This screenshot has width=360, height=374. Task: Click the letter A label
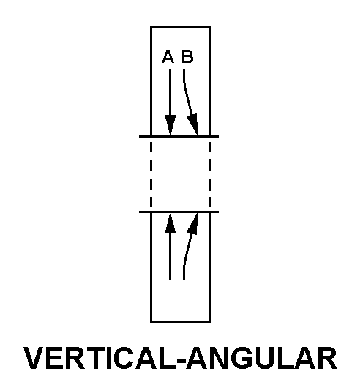[x=168, y=56]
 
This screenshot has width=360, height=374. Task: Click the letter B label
[x=187, y=56]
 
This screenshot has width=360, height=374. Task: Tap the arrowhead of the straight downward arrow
[x=170, y=125]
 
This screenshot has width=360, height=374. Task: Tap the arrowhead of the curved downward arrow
[x=193, y=124]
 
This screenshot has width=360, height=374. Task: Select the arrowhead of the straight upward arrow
[x=170, y=223]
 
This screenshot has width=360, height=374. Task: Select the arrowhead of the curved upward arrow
[x=193, y=224]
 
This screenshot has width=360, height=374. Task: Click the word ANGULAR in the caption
[x=261, y=358]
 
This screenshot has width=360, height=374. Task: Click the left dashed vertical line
[x=151, y=174]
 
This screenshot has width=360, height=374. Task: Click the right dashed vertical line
[x=211, y=174]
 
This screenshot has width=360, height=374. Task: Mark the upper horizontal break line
[x=179, y=137]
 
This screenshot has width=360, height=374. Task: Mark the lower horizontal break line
[x=179, y=212]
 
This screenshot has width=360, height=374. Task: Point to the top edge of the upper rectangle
[x=181, y=26]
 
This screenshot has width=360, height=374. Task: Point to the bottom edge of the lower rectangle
[x=181, y=321]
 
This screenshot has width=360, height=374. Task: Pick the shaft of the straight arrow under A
[x=170, y=92]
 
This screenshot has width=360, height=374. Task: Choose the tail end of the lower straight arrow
[x=170, y=279]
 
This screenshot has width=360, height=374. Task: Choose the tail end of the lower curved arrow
[x=184, y=279]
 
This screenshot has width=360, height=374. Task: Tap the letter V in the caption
[x=34, y=358]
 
